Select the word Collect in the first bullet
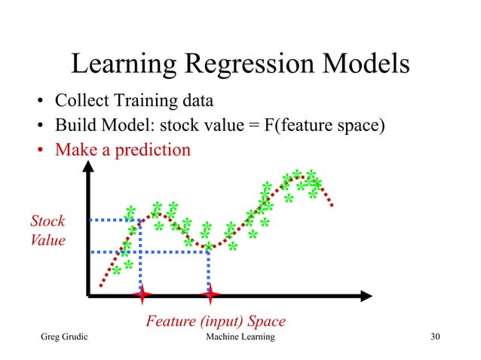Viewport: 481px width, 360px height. click(84, 101)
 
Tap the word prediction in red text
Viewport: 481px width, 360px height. click(152, 150)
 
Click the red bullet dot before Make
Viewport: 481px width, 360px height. click(41, 151)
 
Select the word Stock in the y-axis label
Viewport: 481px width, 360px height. click(47, 221)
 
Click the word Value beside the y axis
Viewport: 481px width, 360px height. click(47, 241)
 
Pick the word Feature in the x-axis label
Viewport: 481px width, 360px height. click(171, 322)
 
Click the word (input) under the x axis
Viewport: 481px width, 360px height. click(224, 322)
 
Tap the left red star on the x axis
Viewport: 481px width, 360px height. click(141, 293)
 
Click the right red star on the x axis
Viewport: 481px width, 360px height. click(210, 293)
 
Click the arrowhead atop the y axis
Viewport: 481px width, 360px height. click(90, 171)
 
